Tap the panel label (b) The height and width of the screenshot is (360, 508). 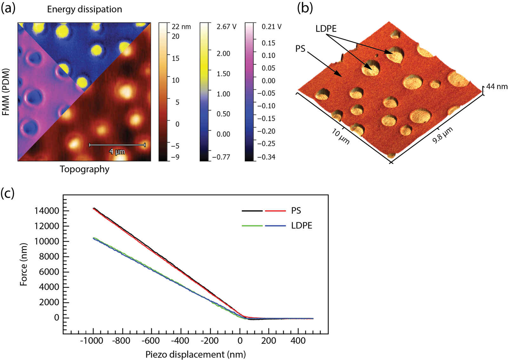click(x=305, y=8)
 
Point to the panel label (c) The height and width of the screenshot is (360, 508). click(x=8, y=193)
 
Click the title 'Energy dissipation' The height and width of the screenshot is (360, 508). click(x=84, y=9)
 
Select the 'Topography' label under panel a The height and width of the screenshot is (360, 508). click(x=84, y=169)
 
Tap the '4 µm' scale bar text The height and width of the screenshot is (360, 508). click(x=117, y=152)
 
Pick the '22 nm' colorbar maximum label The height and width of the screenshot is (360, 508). click(x=181, y=27)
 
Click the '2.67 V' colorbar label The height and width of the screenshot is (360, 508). click(x=226, y=27)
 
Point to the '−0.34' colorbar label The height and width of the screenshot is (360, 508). click(x=266, y=157)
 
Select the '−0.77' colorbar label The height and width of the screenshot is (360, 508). click(x=221, y=157)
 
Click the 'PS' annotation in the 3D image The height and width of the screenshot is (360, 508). click(x=300, y=49)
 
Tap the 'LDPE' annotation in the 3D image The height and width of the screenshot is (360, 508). click(x=326, y=29)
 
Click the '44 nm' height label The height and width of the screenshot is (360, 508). click(x=497, y=86)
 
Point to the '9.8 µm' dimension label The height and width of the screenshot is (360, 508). click(x=442, y=135)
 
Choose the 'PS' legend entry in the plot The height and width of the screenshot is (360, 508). click(x=296, y=211)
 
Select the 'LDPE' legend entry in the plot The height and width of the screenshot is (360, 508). click(x=302, y=226)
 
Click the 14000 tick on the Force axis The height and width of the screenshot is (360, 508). click(x=47, y=211)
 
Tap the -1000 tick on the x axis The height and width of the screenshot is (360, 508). click(x=92, y=341)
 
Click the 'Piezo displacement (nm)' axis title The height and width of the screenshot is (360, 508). click(x=196, y=354)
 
